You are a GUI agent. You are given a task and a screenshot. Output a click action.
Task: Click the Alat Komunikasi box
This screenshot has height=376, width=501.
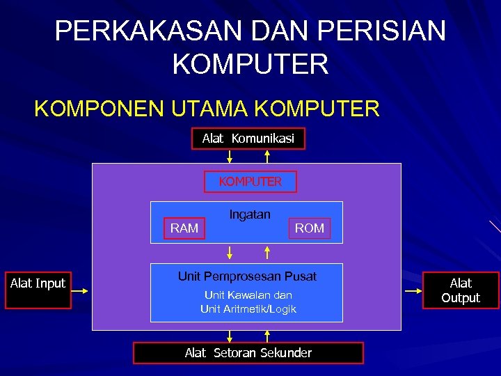tap(248, 139)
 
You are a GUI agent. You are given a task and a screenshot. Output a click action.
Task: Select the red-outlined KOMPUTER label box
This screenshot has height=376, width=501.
tap(250, 182)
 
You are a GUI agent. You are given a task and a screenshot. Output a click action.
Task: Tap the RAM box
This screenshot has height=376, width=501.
tap(184, 228)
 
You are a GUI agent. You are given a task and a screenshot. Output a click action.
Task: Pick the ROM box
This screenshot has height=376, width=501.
tap(309, 228)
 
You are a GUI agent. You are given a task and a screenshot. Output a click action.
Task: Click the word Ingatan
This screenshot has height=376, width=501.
tap(250, 214)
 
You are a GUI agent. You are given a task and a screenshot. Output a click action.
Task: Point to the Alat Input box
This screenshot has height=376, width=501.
tap(38, 283)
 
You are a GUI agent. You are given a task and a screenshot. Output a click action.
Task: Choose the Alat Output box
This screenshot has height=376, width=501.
tap(461, 290)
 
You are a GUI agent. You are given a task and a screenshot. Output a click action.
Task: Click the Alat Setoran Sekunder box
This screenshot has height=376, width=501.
tap(248, 353)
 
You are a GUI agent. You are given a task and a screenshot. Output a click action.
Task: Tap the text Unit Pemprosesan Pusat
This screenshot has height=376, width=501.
tap(247, 276)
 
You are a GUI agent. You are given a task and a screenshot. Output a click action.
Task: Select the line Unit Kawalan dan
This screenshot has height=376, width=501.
tap(248, 295)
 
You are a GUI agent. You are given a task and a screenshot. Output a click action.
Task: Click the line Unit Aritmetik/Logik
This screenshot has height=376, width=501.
tap(248, 308)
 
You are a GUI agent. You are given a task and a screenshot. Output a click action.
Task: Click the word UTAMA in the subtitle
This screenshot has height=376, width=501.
tap(207, 109)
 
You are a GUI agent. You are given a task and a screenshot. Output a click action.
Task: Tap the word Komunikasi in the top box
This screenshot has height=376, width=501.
tap(263, 139)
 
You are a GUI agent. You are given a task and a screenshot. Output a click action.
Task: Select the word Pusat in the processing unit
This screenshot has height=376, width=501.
tap(301, 276)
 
